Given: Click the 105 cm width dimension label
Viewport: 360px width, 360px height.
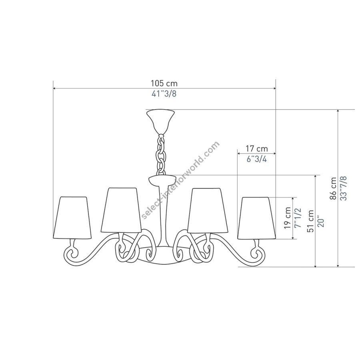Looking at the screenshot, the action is [164, 83].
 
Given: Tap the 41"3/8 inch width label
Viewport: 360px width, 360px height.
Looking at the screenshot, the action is [164, 94].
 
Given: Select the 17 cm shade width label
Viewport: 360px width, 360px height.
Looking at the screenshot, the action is [257, 148].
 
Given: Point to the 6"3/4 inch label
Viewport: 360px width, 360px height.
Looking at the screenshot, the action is [257, 159].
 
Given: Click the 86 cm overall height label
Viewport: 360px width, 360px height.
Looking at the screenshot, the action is [333, 188].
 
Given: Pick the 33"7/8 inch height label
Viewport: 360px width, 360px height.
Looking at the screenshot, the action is [344, 188].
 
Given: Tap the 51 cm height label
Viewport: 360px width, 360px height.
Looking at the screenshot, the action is [311, 221].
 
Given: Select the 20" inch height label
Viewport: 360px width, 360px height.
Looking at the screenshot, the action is [321, 221].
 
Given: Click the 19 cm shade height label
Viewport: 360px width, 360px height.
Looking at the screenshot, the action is [288, 218].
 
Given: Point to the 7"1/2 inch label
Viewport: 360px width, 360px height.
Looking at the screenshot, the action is [298, 218].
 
